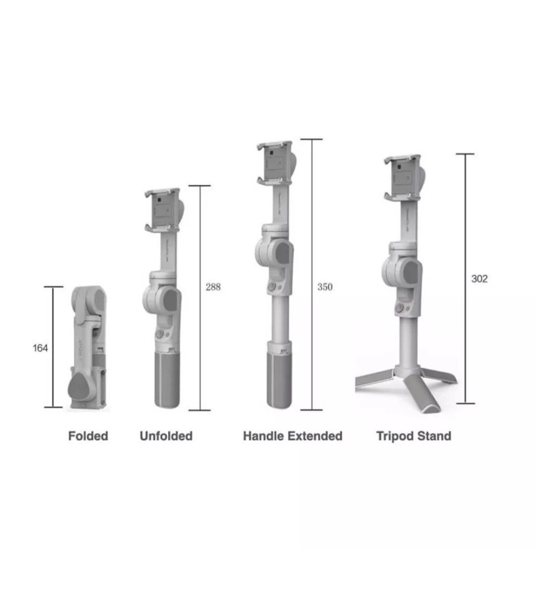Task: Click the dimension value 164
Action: [x=40, y=348]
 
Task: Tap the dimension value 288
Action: [x=213, y=287]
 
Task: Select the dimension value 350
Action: [x=325, y=287]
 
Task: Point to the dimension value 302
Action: [x=480, y=279]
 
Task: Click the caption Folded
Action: [x=88, y=437]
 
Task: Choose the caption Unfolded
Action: [x=166, y=437]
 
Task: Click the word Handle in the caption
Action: [x=263, y=437]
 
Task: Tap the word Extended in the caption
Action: [x=315, y=437]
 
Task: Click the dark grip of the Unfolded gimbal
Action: [x=168, y=378]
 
